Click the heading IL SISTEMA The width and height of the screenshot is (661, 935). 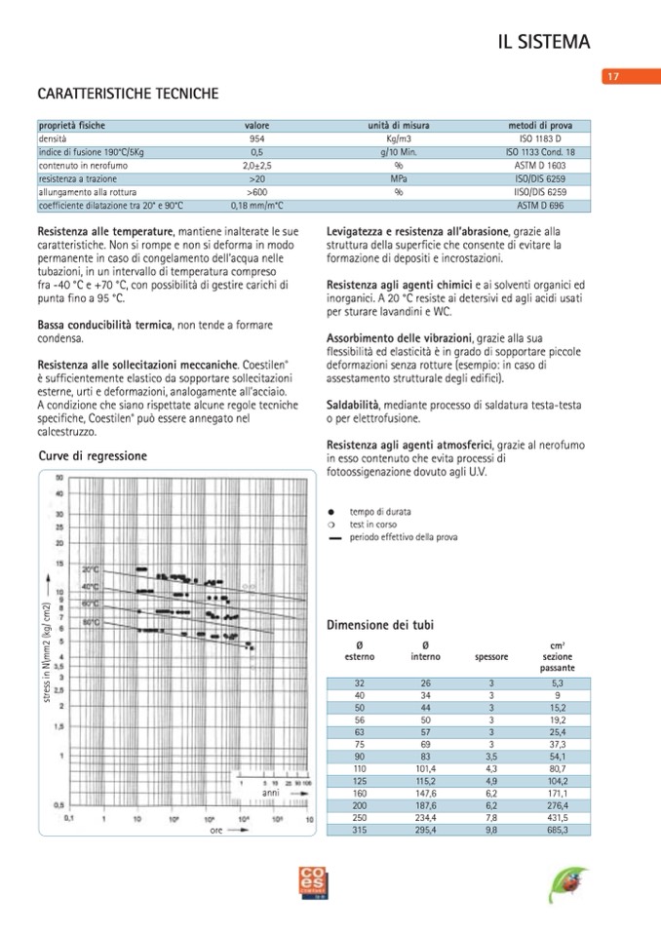[x=544, y=42]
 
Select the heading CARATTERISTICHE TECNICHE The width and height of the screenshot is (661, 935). [x=128, y=95]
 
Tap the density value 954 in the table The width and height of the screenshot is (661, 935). [x=257, y=139]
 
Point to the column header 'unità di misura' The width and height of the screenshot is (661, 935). [x=399, y=126]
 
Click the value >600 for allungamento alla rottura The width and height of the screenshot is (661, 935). [x=257, y=193]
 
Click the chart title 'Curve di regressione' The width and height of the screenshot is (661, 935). [x=93, y=455]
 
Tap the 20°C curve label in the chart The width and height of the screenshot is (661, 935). [x=91, y=568]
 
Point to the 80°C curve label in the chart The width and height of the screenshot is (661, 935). [x=92, y=621]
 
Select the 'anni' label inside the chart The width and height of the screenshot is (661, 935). [x=272, y=794]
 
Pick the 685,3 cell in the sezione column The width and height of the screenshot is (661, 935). [x=557, y=830]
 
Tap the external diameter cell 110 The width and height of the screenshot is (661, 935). [x=360, y=769]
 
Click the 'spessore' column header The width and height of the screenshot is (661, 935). [x=491, y=657]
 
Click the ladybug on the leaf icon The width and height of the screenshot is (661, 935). [x=565, y=885]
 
